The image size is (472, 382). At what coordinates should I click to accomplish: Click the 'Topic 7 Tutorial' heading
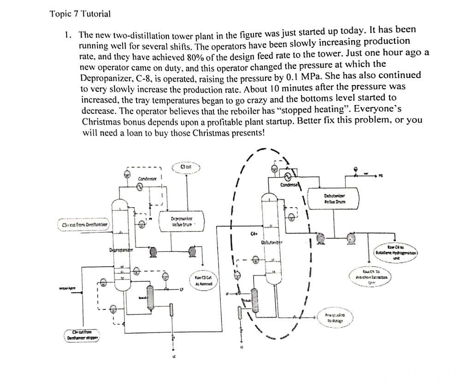pos(80,14)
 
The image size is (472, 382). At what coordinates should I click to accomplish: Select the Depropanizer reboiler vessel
pos(150,296)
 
